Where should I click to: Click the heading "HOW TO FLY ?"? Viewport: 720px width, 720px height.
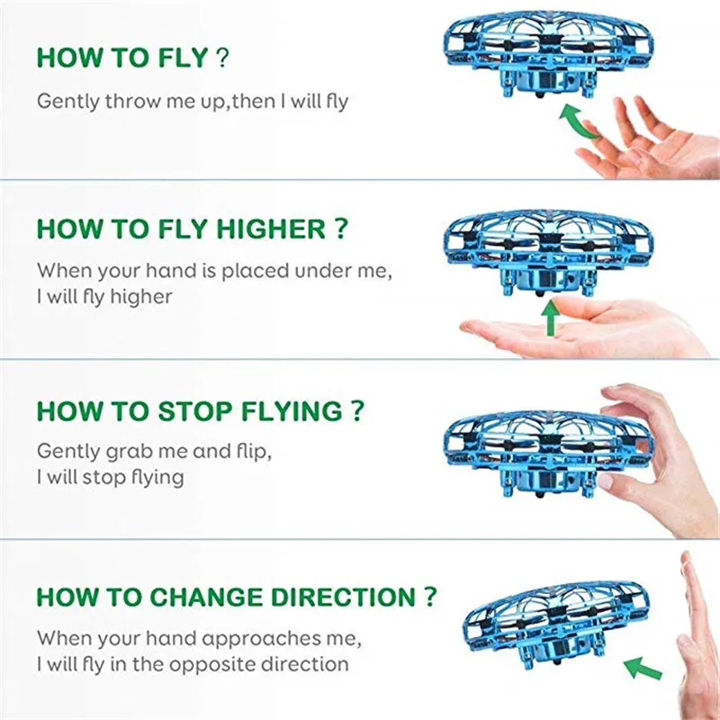click(x=132, y=58)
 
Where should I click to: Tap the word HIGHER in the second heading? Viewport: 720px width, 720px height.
click(x=271, y=229)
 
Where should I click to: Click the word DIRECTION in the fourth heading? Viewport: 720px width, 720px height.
click(x=343, y=597)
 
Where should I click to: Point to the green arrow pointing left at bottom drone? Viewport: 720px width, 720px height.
click(x=643, y=669)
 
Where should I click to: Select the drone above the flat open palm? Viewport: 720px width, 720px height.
click(x=549, y=252)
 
